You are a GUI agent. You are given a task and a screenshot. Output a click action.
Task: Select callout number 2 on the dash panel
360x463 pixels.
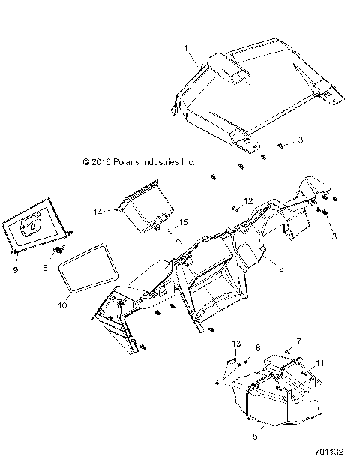click(280, 266)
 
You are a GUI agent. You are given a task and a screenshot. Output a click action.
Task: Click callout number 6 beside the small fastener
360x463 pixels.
click(45, 266)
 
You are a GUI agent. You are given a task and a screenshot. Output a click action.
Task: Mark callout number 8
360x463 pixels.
click(259, 349)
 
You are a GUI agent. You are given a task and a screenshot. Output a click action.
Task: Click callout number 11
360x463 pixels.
click(320, 363)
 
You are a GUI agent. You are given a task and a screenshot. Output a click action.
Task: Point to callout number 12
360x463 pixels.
click(250, 201)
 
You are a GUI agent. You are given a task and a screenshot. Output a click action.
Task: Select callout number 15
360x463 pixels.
click(182, 221)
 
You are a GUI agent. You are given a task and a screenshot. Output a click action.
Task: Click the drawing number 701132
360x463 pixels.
click(331, 452)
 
